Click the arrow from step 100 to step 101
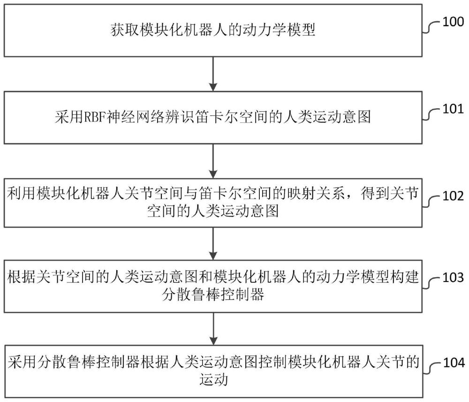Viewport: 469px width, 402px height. click(x=213, y=74)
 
